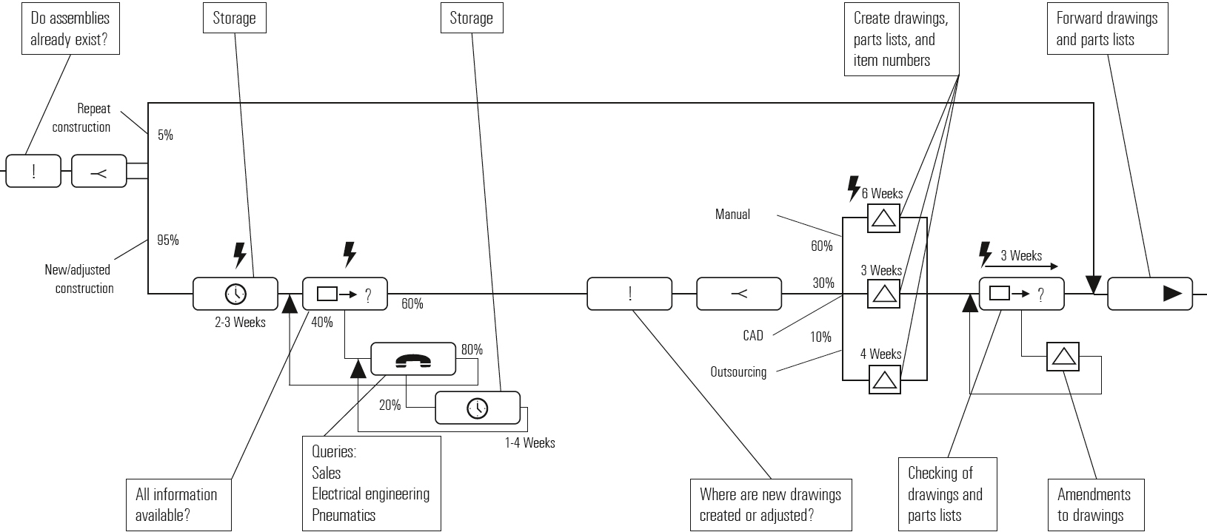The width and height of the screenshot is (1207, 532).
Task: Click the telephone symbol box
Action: click(412, 360)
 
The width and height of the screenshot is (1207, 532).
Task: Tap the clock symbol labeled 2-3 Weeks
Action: click(235, 294)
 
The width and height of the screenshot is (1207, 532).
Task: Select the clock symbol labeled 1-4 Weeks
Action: click(478, 408)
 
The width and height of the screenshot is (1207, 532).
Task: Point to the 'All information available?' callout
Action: click(176, 505)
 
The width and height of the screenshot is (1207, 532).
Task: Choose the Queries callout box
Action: click(371, 483)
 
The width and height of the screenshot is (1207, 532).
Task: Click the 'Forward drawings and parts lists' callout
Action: click(1107, 29)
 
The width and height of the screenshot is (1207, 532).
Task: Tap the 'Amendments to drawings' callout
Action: click(1094, 505)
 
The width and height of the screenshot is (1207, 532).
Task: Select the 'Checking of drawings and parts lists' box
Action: click(946, 494)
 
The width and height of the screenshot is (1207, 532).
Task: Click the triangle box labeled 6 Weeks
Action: click(883, 218)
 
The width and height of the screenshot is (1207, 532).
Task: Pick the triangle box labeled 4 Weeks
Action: click(883, 380)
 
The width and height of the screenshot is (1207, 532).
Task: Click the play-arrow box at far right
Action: click(1150, 294)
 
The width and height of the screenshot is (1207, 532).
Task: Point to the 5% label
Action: click(165, 135)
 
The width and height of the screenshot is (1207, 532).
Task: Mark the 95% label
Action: click(167, 240)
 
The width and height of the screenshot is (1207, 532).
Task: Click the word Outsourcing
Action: click(738, 371)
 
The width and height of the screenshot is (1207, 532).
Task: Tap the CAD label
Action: click(753, 335)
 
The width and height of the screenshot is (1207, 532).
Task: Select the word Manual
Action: click(732, 214)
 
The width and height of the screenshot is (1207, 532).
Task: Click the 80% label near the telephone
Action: click(472, 349)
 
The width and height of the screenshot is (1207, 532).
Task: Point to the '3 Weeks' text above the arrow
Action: click(1021, 255)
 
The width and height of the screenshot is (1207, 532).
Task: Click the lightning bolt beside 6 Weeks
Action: click(854, 189)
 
